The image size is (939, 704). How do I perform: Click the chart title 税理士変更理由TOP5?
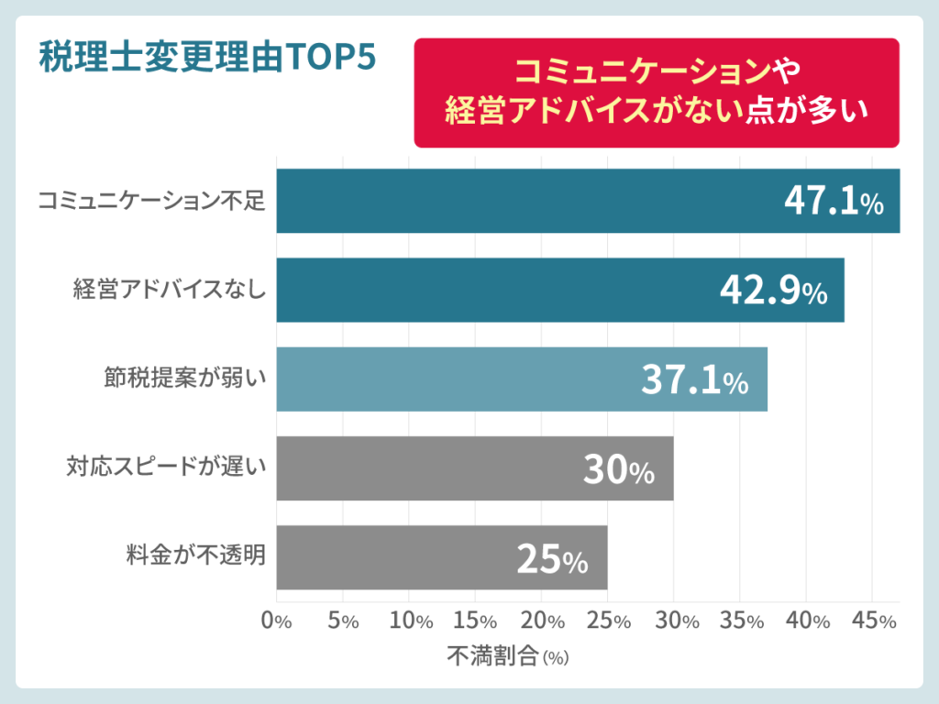pos(208,60)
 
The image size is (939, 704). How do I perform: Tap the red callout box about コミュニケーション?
pos(657,92)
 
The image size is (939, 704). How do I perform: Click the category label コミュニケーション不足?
pos(151,201)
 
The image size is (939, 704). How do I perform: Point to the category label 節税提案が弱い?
pos(184,379)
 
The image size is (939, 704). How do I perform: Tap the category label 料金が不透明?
pos(196,557)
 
